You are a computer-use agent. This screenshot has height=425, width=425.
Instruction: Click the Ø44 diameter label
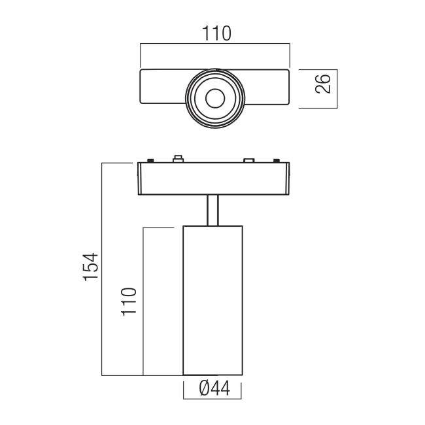(x=212, y=390)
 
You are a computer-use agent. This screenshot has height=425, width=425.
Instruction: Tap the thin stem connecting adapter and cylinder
(x=212, y=210)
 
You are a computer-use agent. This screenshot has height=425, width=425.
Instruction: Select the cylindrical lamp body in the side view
(x=212, y=301)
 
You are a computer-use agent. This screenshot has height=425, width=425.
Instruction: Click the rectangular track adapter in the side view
(x=212, y=178)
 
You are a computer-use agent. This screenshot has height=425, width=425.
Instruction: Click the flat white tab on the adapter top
(x=249, y=160)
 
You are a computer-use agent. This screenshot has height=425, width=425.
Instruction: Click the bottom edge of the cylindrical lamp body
(x=212, y=375)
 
